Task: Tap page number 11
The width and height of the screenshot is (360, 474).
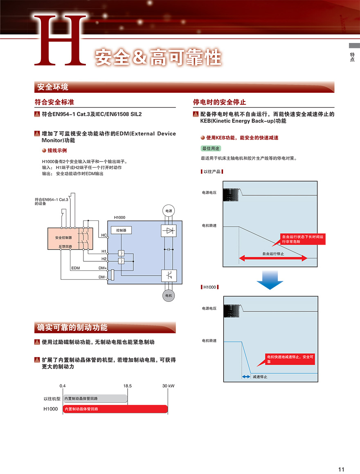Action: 342,469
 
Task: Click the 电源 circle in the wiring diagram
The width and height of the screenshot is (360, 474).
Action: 169,211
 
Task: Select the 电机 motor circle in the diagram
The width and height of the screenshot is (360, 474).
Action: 169,295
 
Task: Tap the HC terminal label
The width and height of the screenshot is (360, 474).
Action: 103,235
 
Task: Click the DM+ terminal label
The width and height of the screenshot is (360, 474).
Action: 102,268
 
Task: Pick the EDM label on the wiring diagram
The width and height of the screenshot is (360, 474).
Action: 75,268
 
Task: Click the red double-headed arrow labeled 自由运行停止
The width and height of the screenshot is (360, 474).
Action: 273,258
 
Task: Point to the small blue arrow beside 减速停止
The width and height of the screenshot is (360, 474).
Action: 246,377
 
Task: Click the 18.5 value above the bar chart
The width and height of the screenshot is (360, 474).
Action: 127,386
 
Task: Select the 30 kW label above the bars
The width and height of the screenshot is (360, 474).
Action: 168,386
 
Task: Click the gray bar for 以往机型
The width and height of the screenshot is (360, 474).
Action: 95,398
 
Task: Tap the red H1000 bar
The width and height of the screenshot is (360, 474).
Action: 115,409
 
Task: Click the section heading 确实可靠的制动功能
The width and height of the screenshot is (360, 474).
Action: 72,328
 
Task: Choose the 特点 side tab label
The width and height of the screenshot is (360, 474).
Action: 352,57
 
